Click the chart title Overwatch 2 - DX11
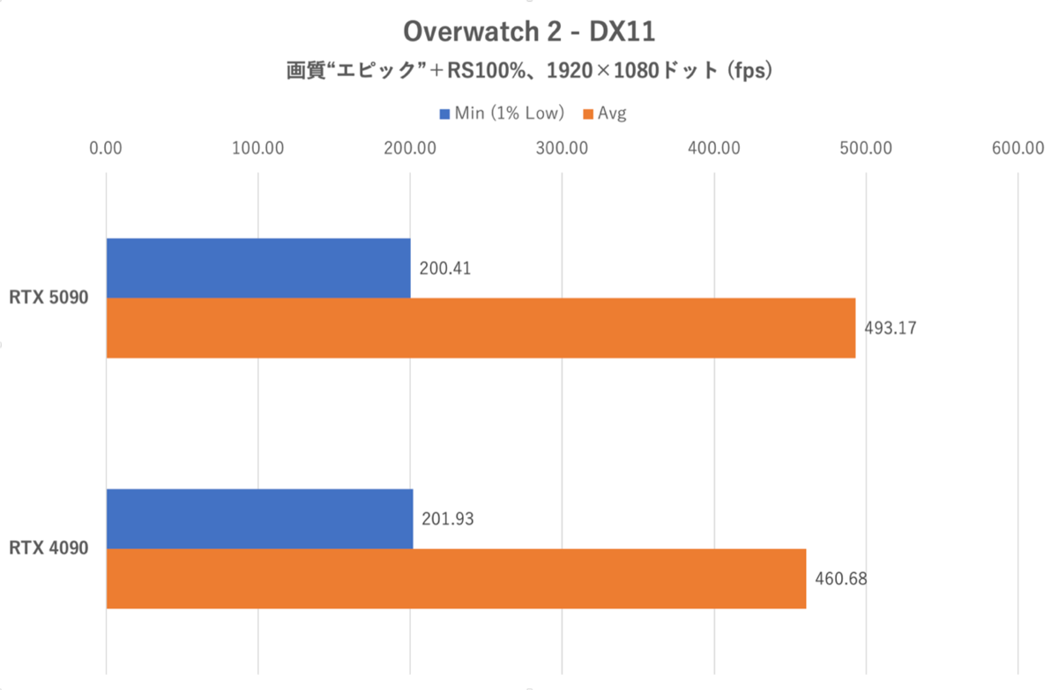[529, 33]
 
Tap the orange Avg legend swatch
[588, 114]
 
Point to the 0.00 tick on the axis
[106, 147]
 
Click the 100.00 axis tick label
[257, 147]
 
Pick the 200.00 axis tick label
[410, 147]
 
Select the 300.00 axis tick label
[562, 147]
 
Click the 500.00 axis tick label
[866, 147]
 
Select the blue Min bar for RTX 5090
[258, 268]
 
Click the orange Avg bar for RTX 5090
[481, 328]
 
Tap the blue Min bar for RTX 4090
[259, 519]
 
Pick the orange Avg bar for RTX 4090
[456, 578]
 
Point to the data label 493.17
[890, 328]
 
